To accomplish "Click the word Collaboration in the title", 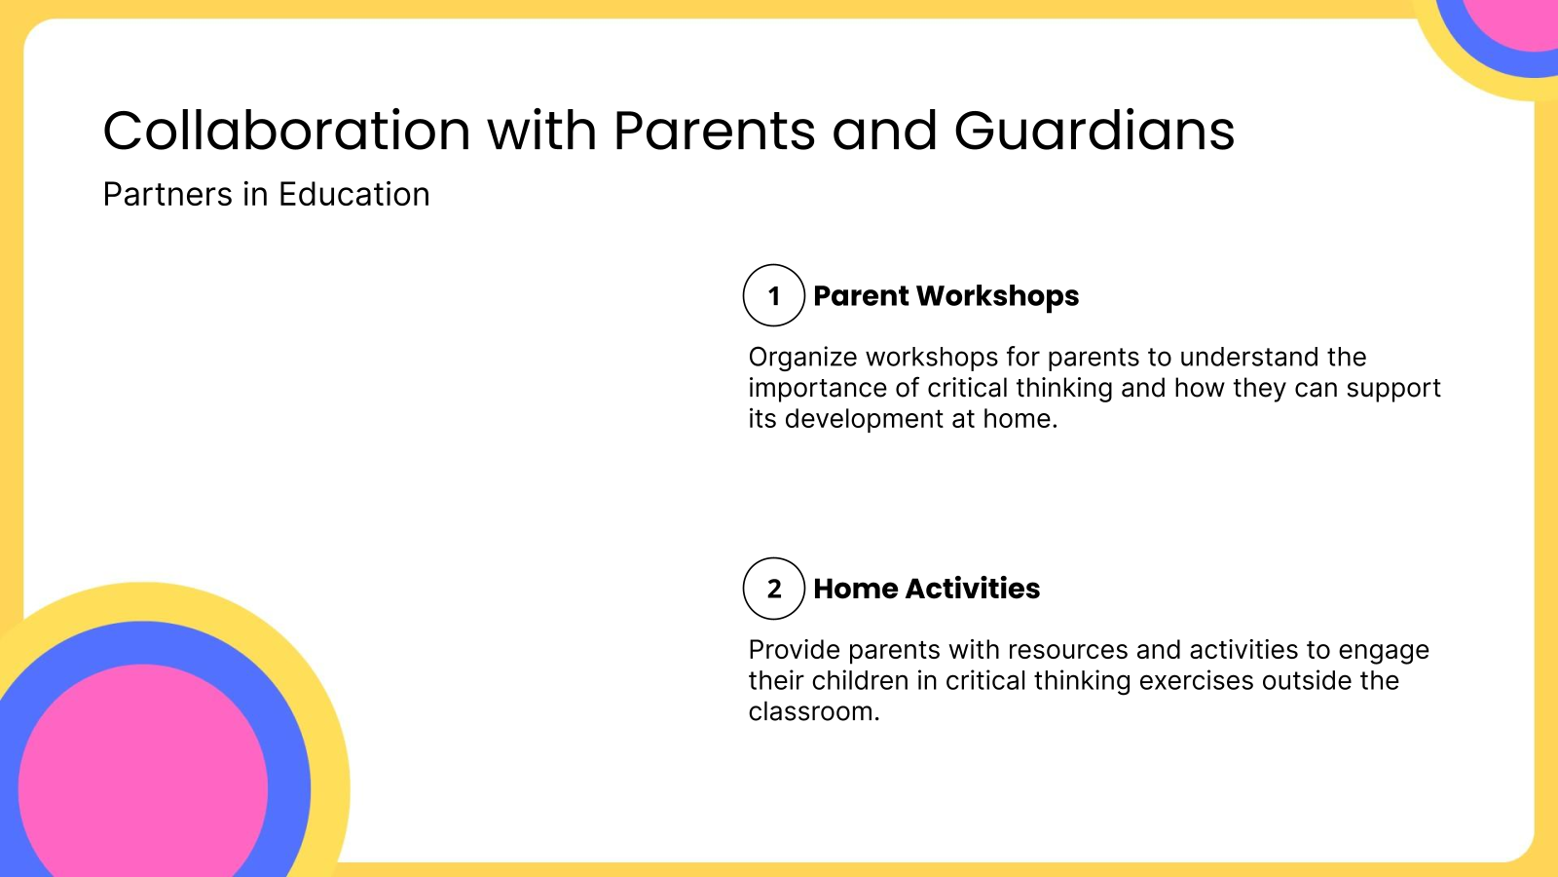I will pos(287,131).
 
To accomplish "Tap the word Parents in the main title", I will pos(714,131).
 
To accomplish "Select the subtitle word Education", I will pos(353,195).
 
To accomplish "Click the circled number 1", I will pos(774,295).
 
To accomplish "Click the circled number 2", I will pos(774,589).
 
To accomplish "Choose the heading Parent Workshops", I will pos(946,295).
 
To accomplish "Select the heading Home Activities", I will pos(926,589).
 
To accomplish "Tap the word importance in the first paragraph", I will pos(816,388).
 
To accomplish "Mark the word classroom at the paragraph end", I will pos(812,711).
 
